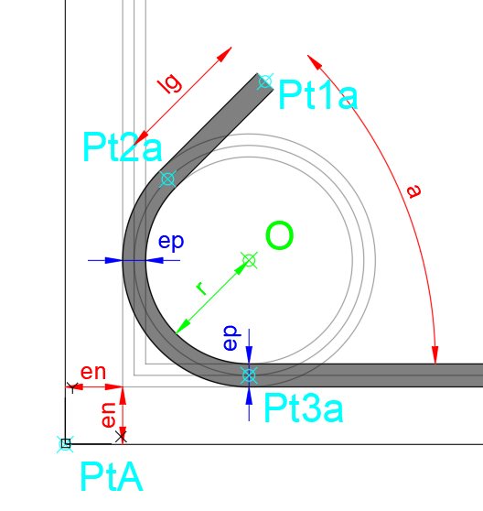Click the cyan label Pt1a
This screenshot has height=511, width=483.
[x=318, y=94]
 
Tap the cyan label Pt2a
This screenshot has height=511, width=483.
[x=123, y=147]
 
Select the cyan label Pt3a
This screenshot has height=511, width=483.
[x=304, y=408]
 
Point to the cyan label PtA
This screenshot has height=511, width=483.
[x=112, y=476]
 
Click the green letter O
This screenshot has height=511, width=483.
[x=280, y=235]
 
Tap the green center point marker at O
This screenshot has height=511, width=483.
[x=250, y=260]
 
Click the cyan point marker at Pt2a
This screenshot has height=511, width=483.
[x=167, y=179]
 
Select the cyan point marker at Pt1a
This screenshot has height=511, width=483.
[x=265, y=82]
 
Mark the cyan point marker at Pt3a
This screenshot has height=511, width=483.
[x=250, y=375]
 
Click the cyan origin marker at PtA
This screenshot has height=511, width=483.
[x=66, y=444]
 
